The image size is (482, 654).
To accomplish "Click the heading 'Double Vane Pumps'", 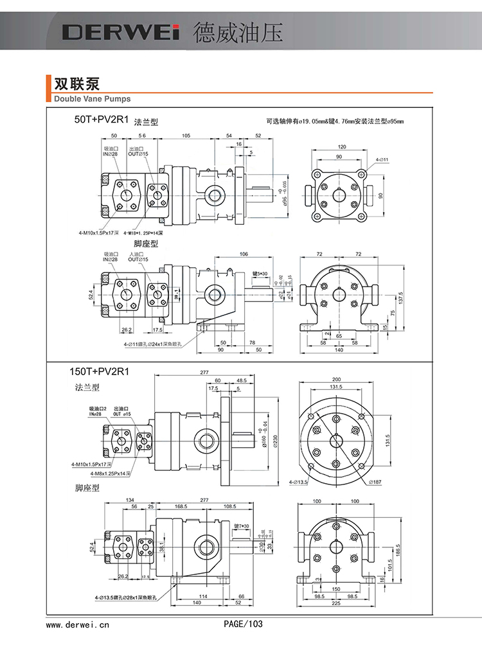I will [x=92, y=99].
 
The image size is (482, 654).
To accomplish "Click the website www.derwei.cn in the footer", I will [x=78, y=624].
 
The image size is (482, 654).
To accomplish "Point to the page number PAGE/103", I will [x=243, y=624].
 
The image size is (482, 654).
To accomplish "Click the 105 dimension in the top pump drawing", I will [x=185, y=136].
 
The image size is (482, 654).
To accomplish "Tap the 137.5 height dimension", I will [x=401, y=299].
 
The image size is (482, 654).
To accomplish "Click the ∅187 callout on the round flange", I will [x=376, y=481].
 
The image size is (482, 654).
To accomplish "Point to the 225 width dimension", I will [x=335, y=603].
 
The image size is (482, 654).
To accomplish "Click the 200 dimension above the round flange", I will [x=336, y=379].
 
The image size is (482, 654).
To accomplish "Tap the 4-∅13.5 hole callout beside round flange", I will [x=299, y=481].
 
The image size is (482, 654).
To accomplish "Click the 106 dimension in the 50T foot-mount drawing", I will [x=243, y=254].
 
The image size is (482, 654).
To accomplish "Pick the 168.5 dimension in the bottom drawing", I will [x=181, y=506].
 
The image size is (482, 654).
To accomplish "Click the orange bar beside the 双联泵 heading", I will [x=49, y=88].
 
